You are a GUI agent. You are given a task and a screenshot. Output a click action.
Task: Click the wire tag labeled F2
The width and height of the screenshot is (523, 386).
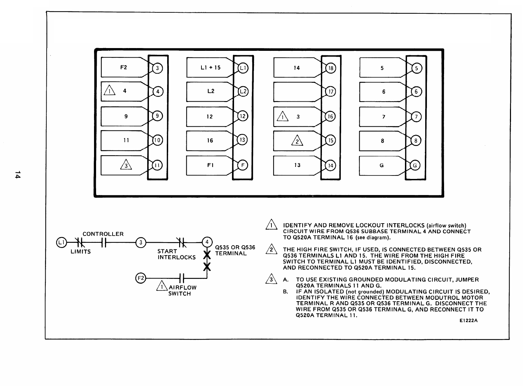(124, 68)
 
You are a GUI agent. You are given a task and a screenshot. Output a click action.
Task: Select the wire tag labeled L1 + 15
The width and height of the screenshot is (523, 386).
(210, 68)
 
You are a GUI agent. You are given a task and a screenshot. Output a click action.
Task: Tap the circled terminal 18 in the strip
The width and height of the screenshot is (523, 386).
(331, 68)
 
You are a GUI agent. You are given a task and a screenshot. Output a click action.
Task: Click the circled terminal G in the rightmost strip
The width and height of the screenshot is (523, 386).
(415, 166)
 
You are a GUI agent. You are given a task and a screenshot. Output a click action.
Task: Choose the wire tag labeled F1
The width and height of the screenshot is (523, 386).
(210, 165)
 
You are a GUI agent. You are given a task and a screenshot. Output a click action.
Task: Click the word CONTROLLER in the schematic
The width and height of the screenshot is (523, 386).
(103, 234)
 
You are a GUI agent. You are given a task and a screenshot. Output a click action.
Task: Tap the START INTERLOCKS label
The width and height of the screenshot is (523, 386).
(176, 254)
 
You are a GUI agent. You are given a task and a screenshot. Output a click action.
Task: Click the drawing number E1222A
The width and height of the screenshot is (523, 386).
(468, 321)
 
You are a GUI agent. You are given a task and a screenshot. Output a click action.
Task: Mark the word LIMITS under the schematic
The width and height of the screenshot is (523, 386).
(81, 252)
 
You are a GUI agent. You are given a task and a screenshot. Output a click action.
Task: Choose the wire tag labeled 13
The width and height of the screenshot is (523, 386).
(297, 165)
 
